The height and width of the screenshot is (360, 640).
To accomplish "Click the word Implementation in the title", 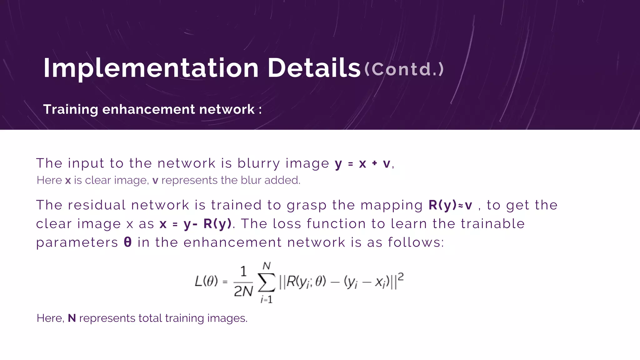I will click(151, 68).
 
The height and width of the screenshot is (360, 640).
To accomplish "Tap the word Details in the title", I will click(314, 68).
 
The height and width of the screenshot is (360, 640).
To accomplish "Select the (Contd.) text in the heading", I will click(404, 69).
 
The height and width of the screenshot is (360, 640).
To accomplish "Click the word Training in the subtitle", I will click(71, 109).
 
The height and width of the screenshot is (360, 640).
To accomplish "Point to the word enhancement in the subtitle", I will click(148, 109).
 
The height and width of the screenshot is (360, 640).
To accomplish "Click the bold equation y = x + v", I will click(362, 163).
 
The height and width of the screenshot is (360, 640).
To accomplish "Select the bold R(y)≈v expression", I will click(450, 205).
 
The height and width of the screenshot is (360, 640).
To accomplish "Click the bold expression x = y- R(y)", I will click(196, 224).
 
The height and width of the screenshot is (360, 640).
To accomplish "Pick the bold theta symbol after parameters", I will click(127, 242).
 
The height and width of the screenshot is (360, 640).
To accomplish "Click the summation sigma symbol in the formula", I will click(267, 282).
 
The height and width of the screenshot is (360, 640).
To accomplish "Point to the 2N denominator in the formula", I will click(243, 292).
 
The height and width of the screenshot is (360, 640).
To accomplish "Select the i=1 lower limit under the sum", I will click(267, 300).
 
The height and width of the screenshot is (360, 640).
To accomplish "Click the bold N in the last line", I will click(72, 318).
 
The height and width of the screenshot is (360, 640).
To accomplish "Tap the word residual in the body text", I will click(97, 205).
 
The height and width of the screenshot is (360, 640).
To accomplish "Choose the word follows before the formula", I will click(416, 242).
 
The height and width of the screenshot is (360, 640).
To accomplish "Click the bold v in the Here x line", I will click(155, 180).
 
